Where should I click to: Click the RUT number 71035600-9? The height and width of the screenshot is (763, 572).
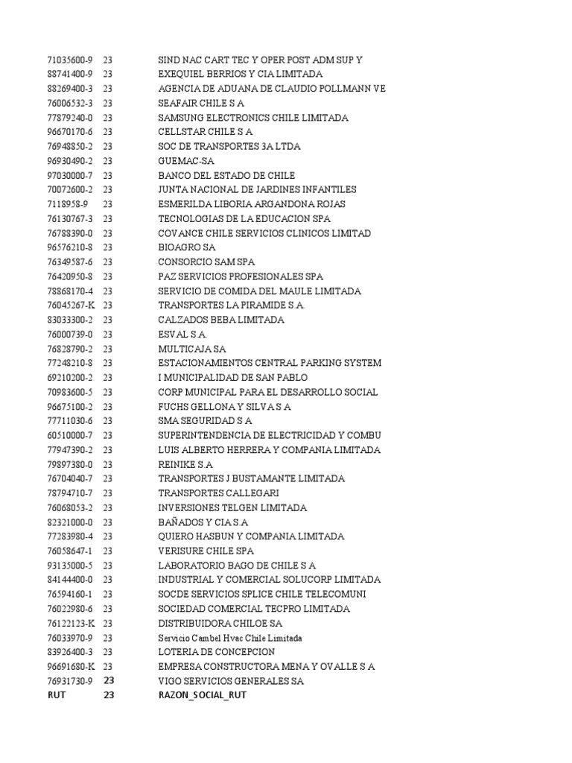point(70,60)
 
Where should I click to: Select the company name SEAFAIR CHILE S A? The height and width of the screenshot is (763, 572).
point(201,103)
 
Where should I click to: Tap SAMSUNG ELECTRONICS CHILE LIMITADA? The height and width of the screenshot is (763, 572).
point(252,118)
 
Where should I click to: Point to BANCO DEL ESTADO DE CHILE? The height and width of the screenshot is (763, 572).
point(226,175)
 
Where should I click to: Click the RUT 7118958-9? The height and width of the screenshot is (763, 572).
point(67,204)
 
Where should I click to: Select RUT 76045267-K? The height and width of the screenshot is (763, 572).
point(70,305)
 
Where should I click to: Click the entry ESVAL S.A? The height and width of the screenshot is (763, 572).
point(182,335)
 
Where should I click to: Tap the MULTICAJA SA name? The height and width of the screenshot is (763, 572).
point(192,349)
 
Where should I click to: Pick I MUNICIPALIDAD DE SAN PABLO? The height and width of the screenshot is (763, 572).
point(232,378)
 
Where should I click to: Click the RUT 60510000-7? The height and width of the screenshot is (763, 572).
point(70,435)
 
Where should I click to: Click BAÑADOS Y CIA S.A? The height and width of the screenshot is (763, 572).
point(203,522)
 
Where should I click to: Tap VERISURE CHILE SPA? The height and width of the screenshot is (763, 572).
point(206,551)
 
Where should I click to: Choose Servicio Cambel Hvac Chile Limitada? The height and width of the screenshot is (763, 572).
point(230,638)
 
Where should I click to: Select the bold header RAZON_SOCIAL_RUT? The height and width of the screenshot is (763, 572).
point(202,695)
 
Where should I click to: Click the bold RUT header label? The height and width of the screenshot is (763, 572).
point(57,695)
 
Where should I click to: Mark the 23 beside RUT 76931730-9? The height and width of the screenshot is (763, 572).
point(109,681)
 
